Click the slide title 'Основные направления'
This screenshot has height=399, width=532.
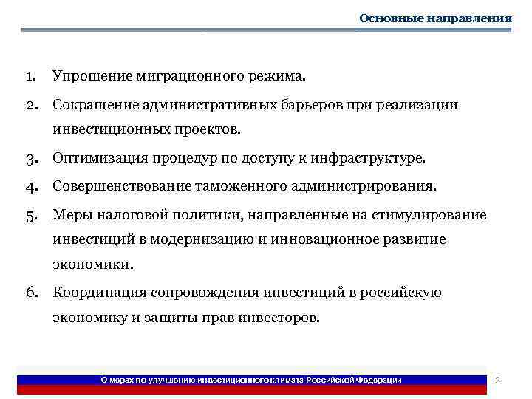click(x=435, y=18)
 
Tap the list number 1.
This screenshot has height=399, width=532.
click(x=30, y=76)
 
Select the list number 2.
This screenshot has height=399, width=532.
click(x=30, y=105)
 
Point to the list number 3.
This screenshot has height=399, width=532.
click(x=30, y=158)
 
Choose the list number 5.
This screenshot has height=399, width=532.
click(x=30, y=215)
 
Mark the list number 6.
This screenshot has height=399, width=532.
click(x=30, y=293)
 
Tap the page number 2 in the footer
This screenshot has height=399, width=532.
click(x=497, y=380)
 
